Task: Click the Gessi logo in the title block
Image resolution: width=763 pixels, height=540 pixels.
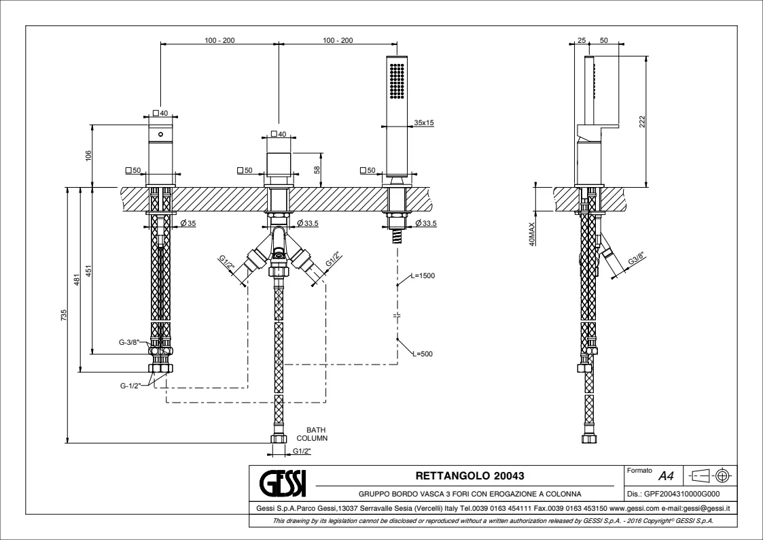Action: pos(283,482)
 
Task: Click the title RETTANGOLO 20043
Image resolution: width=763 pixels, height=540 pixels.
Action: pos(469,475)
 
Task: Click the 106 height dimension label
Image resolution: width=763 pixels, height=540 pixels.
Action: pos(88,156)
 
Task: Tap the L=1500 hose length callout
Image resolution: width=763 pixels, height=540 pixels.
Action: pos(422,275)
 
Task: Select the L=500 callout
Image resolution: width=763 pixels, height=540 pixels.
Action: pos(421,354)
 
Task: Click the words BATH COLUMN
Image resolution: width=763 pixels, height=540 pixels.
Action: pos(317,434)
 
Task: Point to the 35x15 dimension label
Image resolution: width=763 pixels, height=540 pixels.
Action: pos(424,123)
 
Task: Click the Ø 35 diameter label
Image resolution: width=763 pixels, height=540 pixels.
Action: pos(188,224)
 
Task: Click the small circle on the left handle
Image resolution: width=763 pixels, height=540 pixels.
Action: pos(161,135)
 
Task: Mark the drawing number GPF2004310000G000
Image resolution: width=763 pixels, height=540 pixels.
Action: pos(681,495)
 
